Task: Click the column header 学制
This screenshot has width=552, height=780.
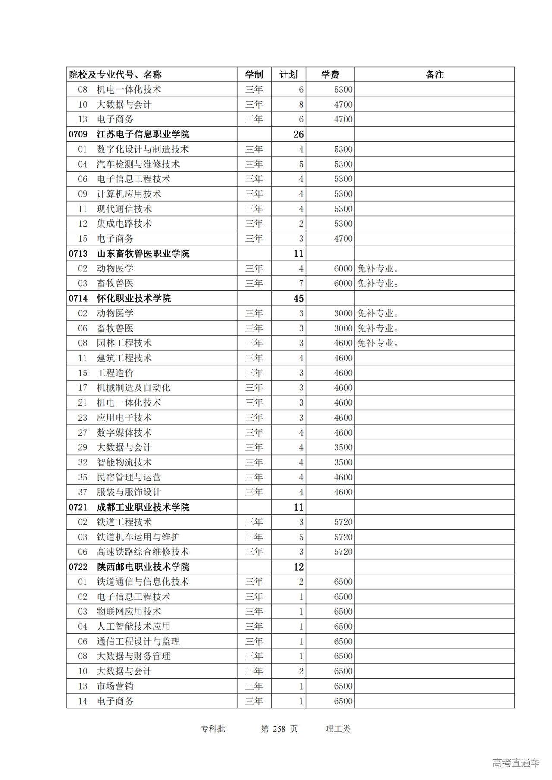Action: (x=254, y=75)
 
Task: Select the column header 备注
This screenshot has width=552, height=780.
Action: (x=434, y=75)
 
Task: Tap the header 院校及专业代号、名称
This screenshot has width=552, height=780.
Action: (x=115, y=75)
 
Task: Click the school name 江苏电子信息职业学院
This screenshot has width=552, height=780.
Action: (x=143, y=134)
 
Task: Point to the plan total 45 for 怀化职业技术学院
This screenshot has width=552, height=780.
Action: (x=298, y=298)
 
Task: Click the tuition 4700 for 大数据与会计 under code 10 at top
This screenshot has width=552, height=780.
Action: (x=343, y=104)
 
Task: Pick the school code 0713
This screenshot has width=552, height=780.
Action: (x=78, y=253)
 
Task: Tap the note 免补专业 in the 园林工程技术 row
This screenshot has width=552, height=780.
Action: (x=378, y=343)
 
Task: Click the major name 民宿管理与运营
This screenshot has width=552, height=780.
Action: (x=129, y=477)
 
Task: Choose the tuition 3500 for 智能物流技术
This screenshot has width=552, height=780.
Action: (x=343, y=462)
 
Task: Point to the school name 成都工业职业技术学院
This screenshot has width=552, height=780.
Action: (x=143, y=507)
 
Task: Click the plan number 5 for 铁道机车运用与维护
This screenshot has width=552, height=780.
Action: (x=301, y=537)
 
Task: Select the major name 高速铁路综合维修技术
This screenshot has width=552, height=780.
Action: (x=143, y=552)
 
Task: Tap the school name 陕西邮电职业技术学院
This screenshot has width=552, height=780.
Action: (x=143, y=567)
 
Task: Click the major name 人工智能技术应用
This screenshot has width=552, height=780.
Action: (x=133, y=626)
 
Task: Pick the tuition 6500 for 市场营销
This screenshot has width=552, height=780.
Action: (x=343, y=686)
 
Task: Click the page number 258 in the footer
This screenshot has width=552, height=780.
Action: (x=279, y=729)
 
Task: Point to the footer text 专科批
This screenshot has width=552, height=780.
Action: (x=213, y=729)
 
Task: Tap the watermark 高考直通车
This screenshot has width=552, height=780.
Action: (x=516, y=763)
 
